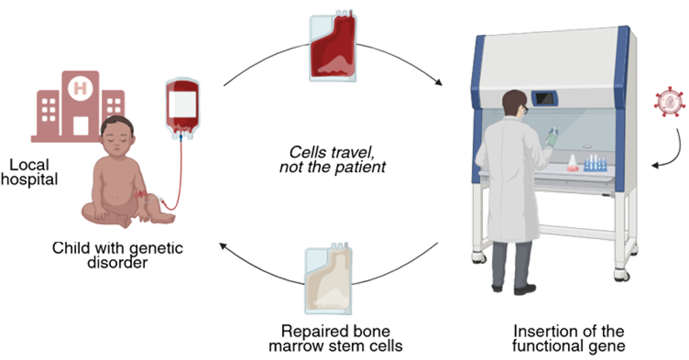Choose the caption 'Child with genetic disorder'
coord(117,256)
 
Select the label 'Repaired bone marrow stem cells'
coord(335,338)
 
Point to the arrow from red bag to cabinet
coord(402,58)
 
